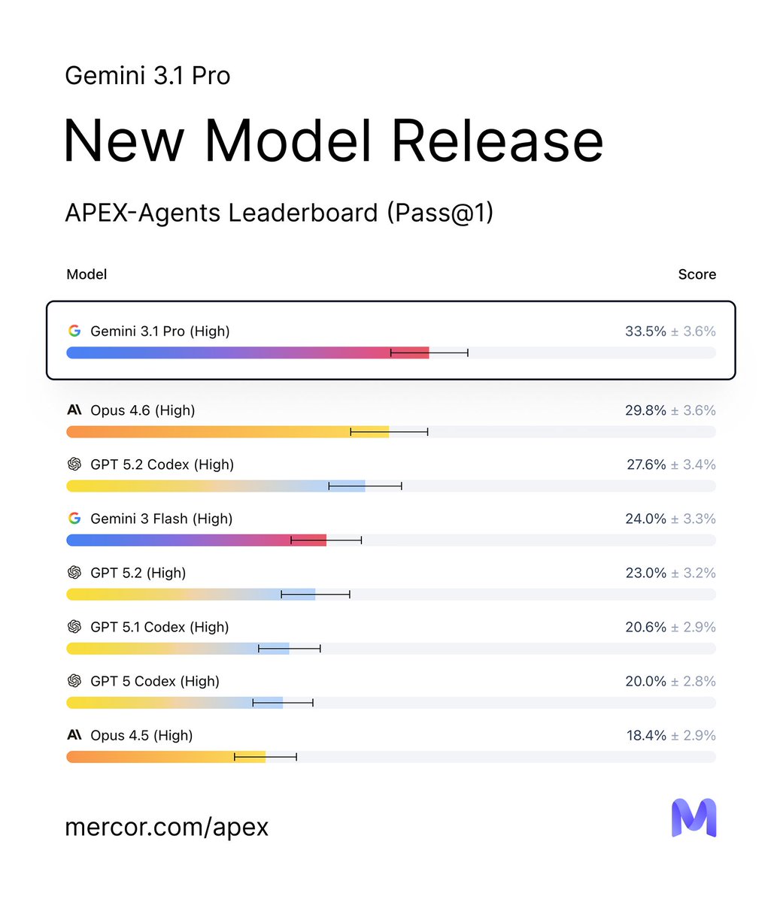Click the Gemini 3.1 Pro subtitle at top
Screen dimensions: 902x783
[x=147, y=76]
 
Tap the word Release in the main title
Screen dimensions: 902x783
[x=497, y=141]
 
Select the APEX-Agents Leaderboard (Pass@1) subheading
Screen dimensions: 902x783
[x=279, y=213]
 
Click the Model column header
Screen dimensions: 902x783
[x=86, y=274]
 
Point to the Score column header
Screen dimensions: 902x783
[x=697, y=274]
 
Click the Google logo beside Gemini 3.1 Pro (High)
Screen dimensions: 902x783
[x=74, y=331]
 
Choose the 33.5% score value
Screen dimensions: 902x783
[x=645, y=331]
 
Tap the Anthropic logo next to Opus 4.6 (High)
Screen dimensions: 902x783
[x=74, y=410]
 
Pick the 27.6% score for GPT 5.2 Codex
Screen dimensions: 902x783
[x=646, y=465]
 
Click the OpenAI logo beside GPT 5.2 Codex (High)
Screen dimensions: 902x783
[x=74, y=465]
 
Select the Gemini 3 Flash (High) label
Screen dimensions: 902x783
[x=161, y=519]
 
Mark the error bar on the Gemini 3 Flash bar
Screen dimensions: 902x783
[x=326, y=540]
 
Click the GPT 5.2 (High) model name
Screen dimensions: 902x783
[x=138, y=573]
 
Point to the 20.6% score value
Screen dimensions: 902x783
[x=645, y=627]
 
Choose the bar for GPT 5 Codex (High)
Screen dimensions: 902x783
[x=175, y=703]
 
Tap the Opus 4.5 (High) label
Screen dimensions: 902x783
[x=141, y=735]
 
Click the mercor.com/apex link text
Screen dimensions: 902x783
[x=166, y=827]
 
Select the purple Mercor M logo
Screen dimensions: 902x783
[x=693, y=818]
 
